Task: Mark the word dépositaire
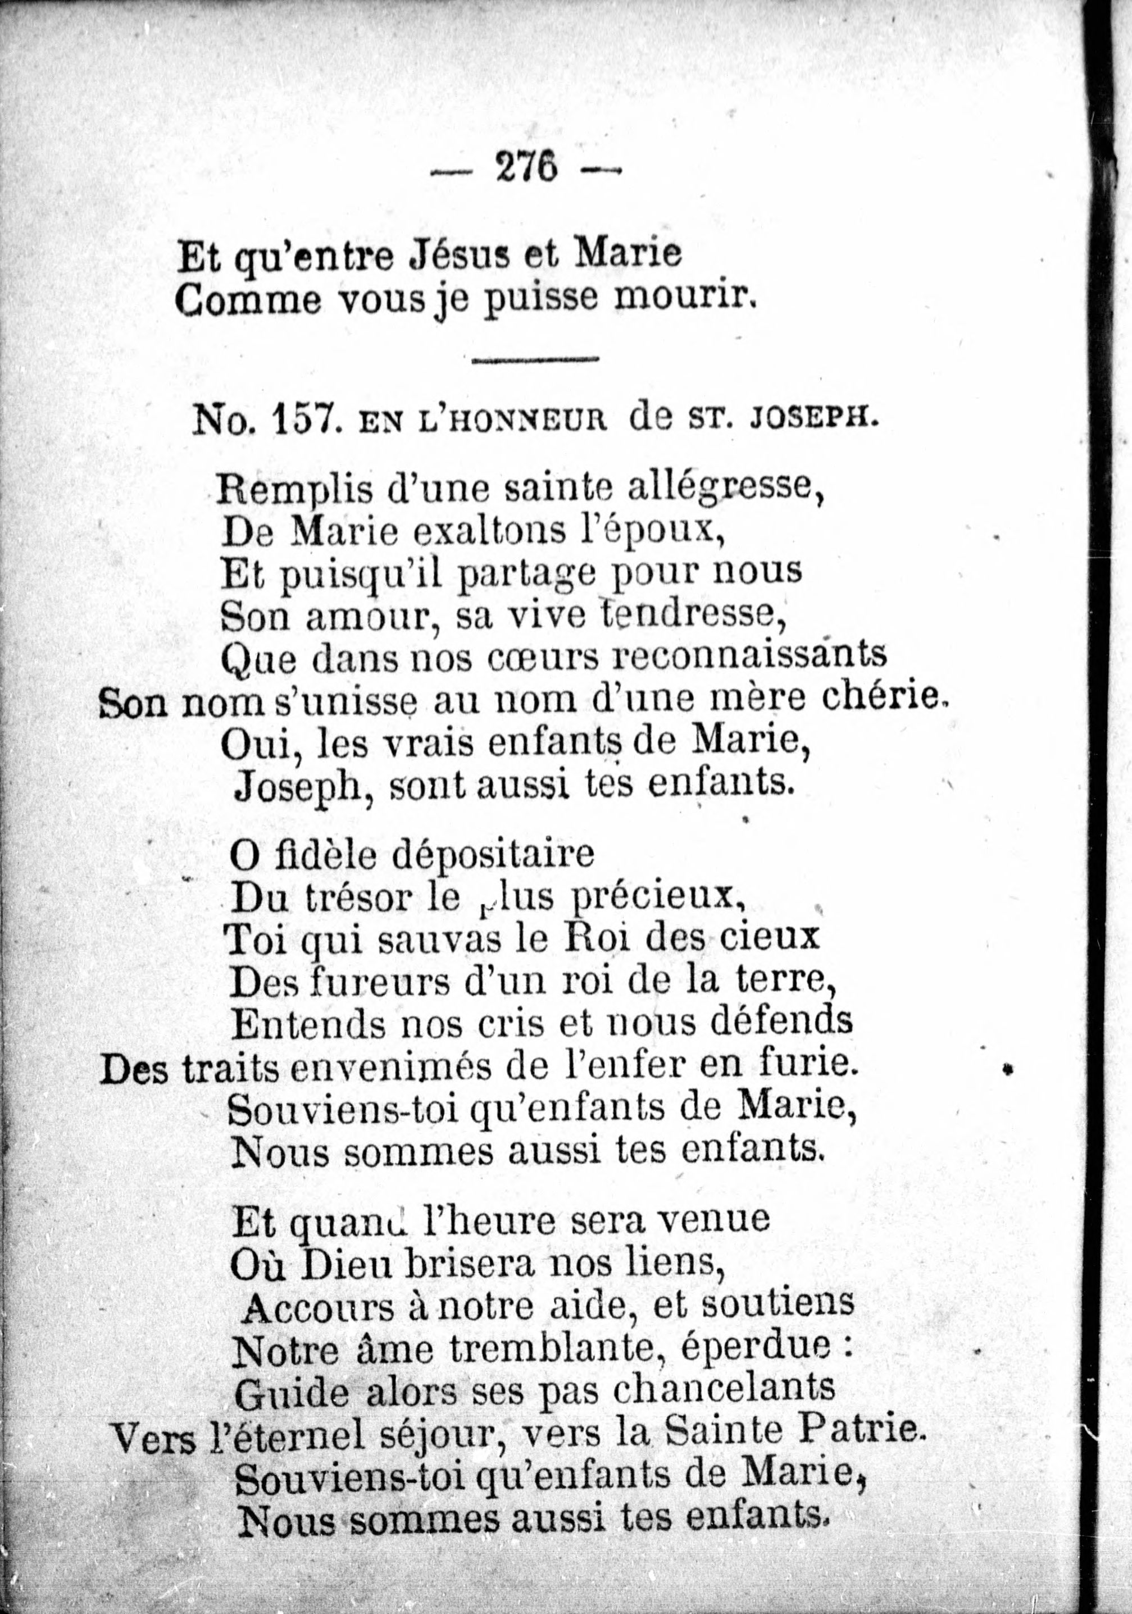point(492,857)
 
